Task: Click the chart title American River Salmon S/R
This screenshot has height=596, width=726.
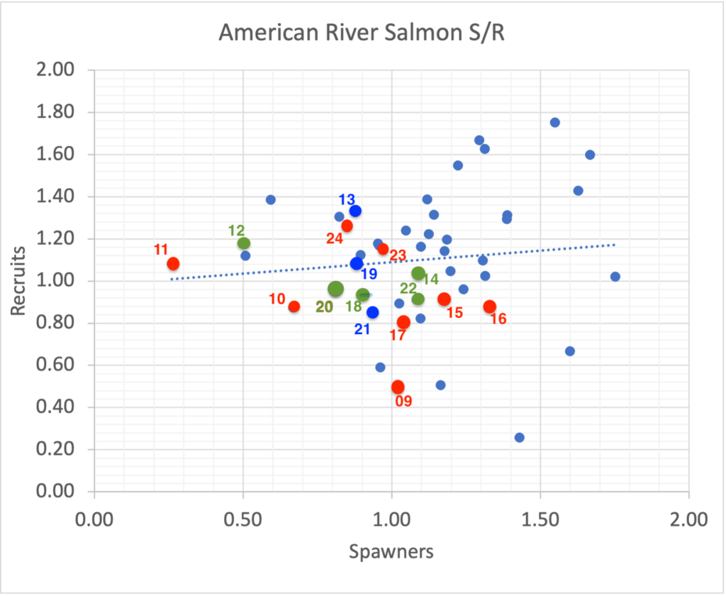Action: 362,33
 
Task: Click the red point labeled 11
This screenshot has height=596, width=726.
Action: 173,264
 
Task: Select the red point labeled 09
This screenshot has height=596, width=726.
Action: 398,387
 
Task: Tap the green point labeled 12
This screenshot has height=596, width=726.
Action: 244,244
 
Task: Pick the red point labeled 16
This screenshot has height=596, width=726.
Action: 489,307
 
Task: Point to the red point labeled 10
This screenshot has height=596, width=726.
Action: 294,307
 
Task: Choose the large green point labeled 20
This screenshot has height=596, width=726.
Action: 336,289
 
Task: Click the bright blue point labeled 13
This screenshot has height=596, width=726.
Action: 355,211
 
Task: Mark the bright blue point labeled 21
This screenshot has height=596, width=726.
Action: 372,312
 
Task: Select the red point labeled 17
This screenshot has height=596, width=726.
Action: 404,322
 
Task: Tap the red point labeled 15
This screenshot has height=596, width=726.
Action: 444,299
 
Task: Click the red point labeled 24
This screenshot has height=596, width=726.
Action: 347,226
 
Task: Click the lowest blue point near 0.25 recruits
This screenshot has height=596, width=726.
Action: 519,438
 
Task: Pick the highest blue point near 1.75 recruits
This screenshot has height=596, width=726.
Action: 554,122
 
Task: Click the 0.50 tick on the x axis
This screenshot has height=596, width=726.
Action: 242,519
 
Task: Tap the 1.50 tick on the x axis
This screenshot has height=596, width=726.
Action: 540,519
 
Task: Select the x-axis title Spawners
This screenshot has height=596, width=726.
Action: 391,551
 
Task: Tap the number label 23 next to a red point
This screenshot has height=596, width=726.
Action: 398,255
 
